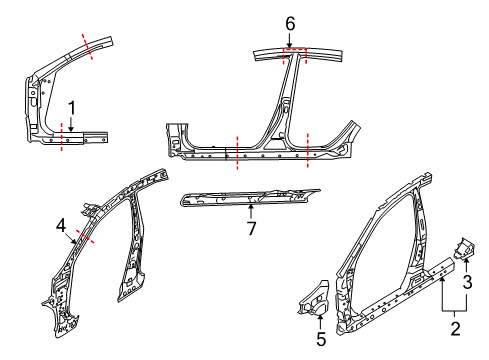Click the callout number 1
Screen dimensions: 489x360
click(72, 108)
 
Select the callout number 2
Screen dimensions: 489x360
click(455, 328)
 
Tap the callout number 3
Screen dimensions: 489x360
click(467, 282)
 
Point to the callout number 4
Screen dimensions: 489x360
click(61, 226)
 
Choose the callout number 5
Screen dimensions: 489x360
click(321, 339)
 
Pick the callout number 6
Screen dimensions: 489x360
click(290, 24)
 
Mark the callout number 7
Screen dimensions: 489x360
click(251, 228)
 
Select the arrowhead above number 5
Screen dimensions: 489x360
click(320, 317)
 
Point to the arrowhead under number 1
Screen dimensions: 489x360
click(71, 128)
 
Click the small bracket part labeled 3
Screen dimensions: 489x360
click(464, 248)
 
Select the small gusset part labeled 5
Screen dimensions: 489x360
click(314, 299)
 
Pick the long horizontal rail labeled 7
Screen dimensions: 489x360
click(249, 197)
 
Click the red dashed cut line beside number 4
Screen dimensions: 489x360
click(85, 236)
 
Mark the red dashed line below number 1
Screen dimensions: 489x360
click(61, 137)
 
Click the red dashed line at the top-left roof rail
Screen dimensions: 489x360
click(87, 47)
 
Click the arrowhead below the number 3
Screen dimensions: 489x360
click(466, 261)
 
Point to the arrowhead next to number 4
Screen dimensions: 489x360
click(74, 241)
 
